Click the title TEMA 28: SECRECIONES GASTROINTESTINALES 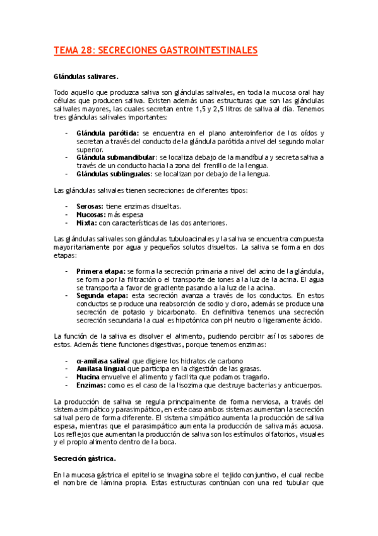[x=156, y=49]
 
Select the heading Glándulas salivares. [x=85, y=76]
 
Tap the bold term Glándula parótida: [x=107, y=133]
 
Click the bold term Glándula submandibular [x=115, y=157]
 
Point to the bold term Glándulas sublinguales [x=114, y=174]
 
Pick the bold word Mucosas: [x=92, y=214]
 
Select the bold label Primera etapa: [x=100, y=271]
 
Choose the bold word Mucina [x=88, y=377]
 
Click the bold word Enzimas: [x=92, y=385]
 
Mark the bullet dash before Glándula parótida [x=67, y=133]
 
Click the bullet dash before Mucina [x=67, y=377]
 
